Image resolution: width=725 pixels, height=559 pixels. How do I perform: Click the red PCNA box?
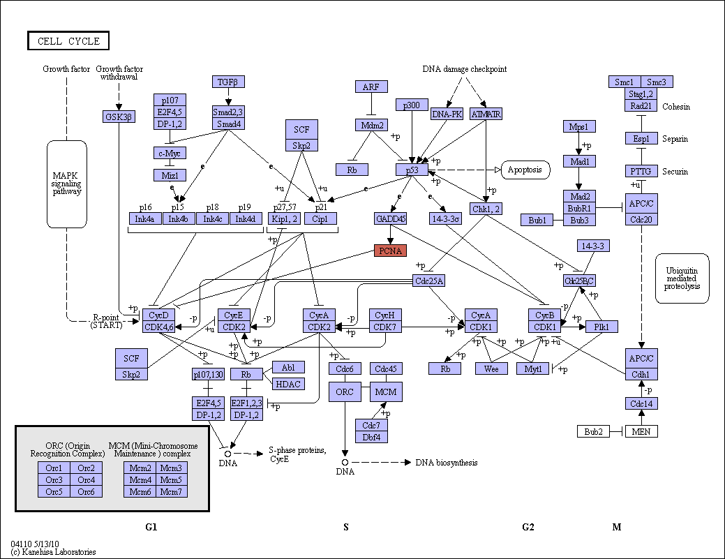390,251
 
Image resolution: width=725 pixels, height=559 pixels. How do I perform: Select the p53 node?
412,170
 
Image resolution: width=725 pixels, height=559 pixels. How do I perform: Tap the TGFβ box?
228,82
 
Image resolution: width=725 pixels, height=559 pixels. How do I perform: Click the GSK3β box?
119,117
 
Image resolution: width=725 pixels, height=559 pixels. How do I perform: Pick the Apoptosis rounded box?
525,170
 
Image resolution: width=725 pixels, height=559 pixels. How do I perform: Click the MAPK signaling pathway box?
66,184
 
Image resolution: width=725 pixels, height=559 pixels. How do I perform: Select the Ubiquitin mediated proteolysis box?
682,278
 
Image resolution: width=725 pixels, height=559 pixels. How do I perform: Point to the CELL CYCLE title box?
68,40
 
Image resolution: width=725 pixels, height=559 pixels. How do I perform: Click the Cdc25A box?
428,281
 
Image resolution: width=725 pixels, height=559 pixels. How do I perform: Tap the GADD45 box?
390,218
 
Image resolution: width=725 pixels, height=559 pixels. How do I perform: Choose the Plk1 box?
601,327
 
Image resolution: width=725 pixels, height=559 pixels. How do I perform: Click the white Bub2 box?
593,431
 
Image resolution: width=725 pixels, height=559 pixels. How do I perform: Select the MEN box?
641,431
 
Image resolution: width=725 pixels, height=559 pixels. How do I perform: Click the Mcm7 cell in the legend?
172,491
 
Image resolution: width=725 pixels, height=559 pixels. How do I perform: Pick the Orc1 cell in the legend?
54,468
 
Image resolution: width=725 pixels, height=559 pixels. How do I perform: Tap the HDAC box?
288,384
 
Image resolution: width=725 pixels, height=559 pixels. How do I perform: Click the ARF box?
371,87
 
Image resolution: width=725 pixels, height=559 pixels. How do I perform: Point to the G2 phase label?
528,527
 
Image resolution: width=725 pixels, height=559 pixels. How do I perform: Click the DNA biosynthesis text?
446,463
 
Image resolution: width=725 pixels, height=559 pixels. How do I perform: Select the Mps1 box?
579,126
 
